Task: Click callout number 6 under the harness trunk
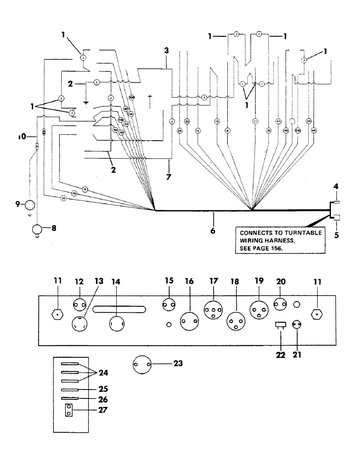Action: (x=213, y=231)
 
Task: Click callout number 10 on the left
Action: (x=19, y=137)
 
